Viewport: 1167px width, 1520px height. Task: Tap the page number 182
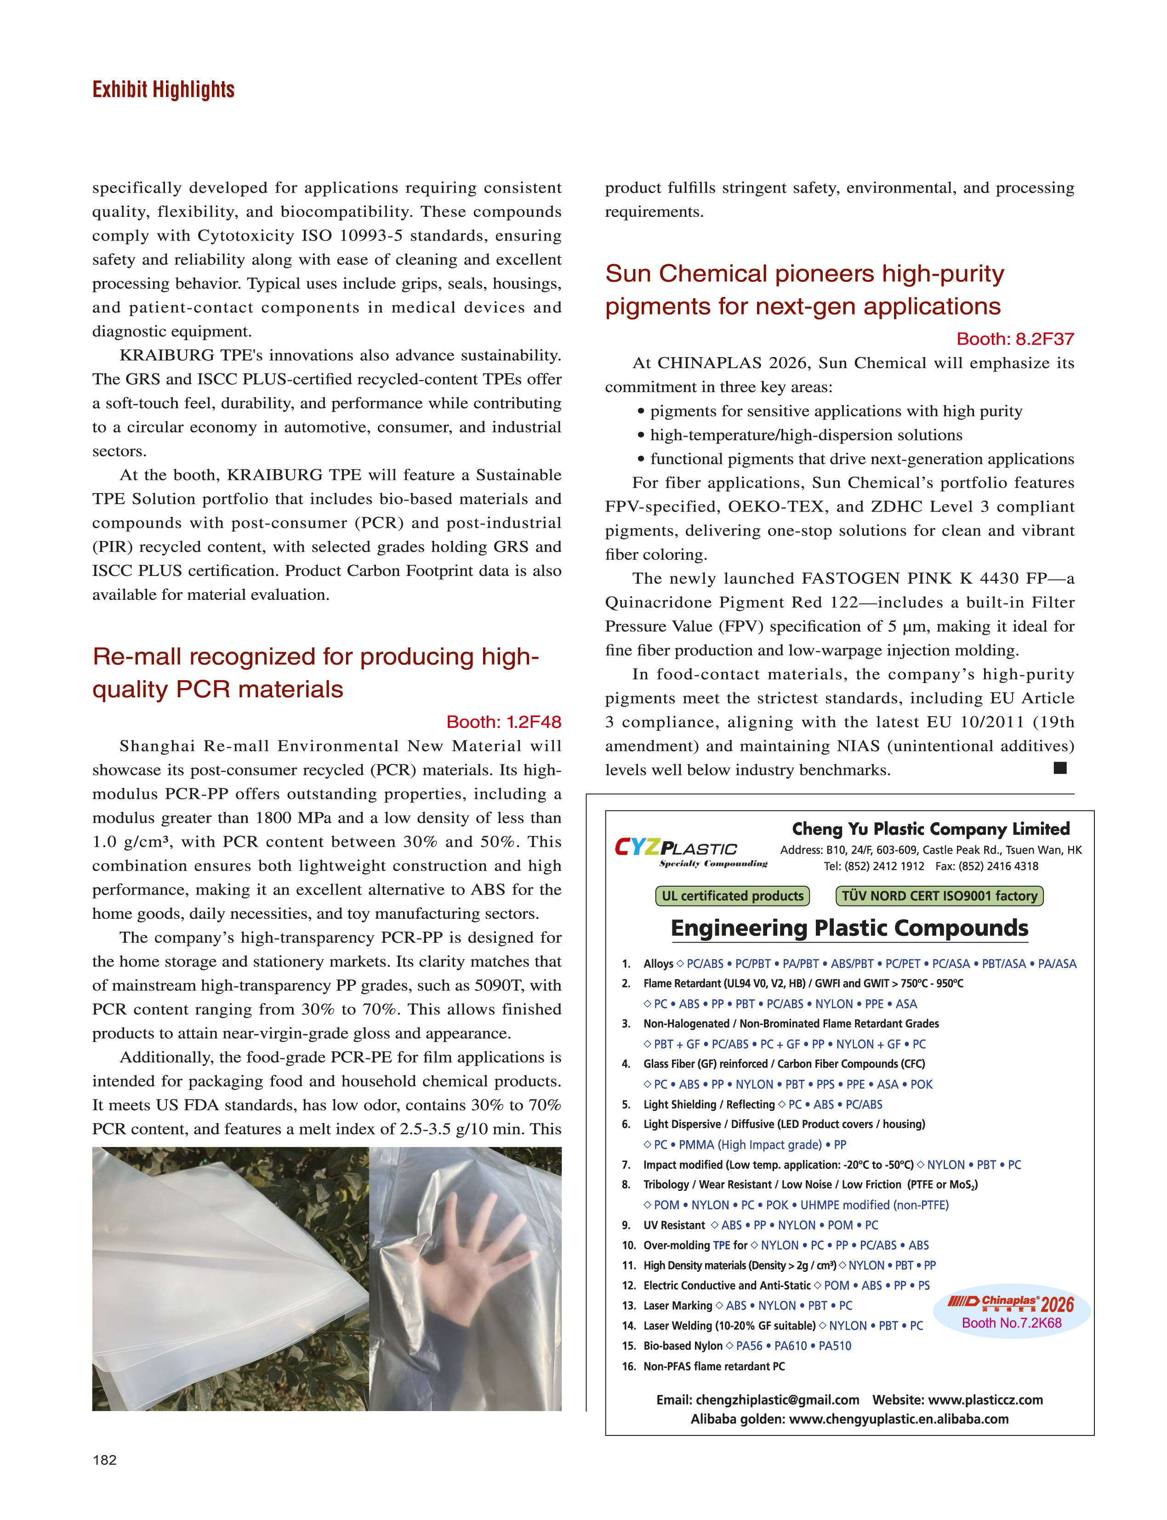[105, 1460]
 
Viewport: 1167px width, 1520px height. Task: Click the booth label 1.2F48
[504, 722]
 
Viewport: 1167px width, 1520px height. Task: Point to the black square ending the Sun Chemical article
[1060, 768]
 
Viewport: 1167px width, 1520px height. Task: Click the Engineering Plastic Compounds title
[849, 928]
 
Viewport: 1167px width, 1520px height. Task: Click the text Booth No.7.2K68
[1011, 1323]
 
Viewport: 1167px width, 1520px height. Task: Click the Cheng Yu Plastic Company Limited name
[931, 829]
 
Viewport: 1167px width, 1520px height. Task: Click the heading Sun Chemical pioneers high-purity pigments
[804, 290]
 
